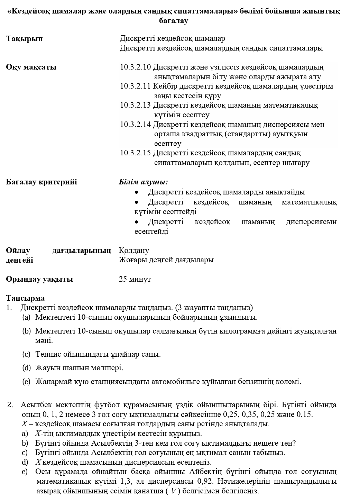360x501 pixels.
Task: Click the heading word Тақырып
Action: click(24, 39)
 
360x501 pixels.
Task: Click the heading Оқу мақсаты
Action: click(31, 67)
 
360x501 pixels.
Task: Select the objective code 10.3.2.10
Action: click(136, 67)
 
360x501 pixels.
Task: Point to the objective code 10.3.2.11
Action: click(136, 86)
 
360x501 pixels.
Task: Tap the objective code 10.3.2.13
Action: click(136, 105)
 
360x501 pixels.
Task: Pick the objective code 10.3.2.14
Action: click(136, 125)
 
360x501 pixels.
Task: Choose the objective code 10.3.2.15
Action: click(136, 153)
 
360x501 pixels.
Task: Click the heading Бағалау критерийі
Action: click(41, 182)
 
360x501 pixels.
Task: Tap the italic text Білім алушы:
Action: click(143, 182)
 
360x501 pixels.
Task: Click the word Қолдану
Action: click(134, 250)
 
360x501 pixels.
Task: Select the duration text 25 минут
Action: click(135, 279)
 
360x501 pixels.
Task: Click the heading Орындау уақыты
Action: click(39, 279)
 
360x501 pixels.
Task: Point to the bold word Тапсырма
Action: click(26, 298)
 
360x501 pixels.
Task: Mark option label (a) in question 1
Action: click(26, 317)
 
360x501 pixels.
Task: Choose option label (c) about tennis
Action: click(26, 354)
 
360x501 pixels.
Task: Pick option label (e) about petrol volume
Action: click(26, 382)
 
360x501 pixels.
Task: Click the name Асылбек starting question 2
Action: click(37, 405)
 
